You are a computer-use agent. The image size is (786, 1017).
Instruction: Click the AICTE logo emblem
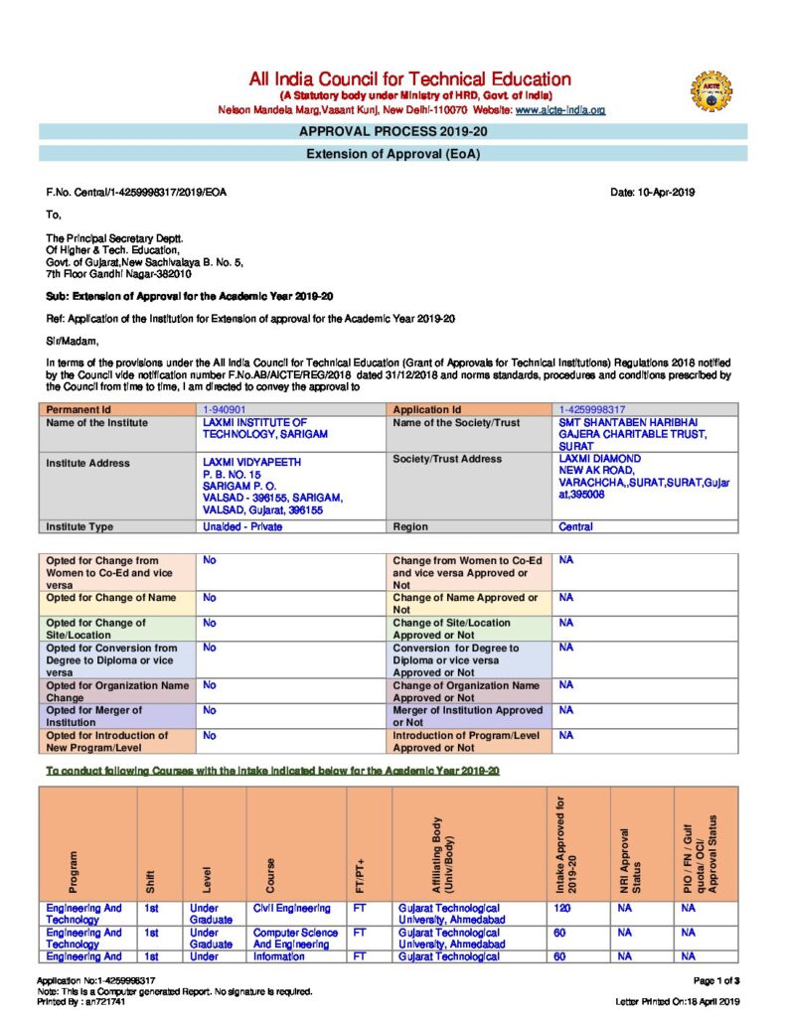(711, 90)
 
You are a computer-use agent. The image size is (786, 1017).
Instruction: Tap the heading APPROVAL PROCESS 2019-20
(393, 131)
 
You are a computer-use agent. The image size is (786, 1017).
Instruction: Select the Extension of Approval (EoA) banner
(393, 154)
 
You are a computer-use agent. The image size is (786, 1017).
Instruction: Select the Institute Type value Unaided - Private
(242, 526)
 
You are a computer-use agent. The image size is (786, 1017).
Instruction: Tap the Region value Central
(576, 526)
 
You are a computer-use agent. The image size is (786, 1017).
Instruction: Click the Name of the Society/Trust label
(456, 423)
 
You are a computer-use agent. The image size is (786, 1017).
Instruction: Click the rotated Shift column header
(151, 880)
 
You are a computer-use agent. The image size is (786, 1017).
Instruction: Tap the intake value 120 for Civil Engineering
(562, 908)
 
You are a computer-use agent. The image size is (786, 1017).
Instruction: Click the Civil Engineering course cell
(291, 908)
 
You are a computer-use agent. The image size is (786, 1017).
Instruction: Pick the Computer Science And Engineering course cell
(295, 939)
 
